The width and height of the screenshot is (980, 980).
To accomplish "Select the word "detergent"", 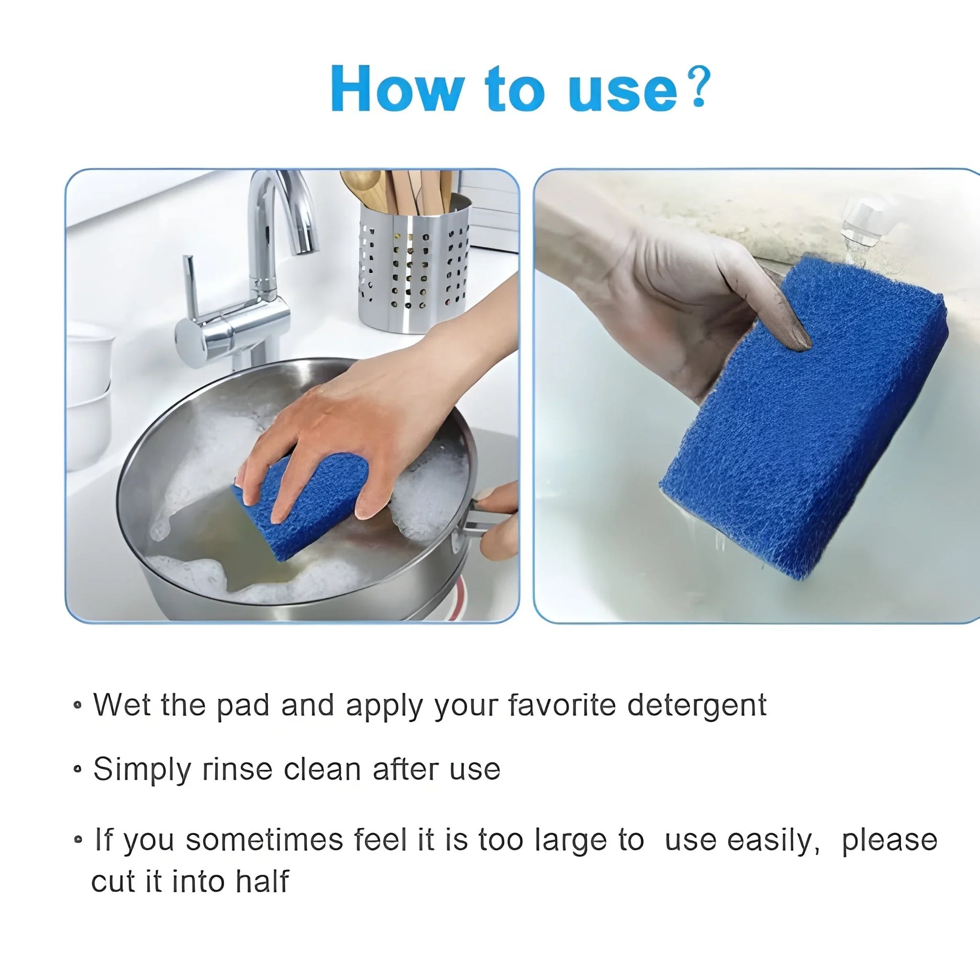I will tap(696, 706).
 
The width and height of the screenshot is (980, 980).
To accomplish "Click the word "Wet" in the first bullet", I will tap(122, 705).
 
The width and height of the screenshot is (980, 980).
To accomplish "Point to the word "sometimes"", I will tap(264, 839).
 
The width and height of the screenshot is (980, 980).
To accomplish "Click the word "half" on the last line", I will tap(262, 882).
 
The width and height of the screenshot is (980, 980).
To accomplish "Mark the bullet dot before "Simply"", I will tap(78, 769).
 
